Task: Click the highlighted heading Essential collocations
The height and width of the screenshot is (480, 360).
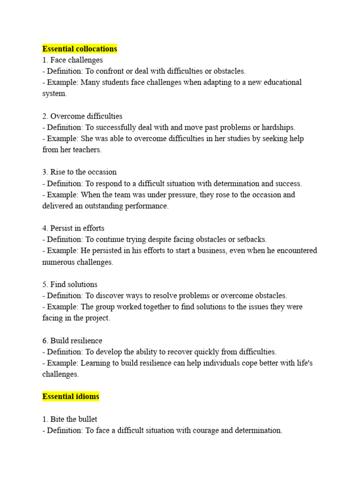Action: (x=80, y=49)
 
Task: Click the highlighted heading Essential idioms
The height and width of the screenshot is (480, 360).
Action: (x=71, y=397)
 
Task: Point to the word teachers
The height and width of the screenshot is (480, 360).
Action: (x=85, y=150)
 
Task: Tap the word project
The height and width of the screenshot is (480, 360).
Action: (x=97, y=318)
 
